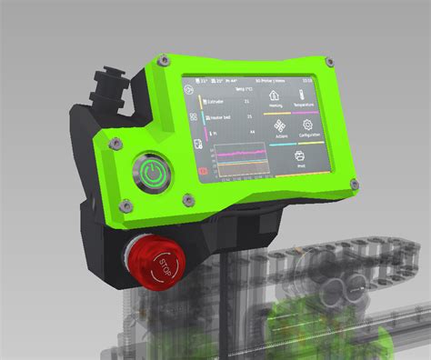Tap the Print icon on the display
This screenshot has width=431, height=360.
[x=301, y=156]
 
